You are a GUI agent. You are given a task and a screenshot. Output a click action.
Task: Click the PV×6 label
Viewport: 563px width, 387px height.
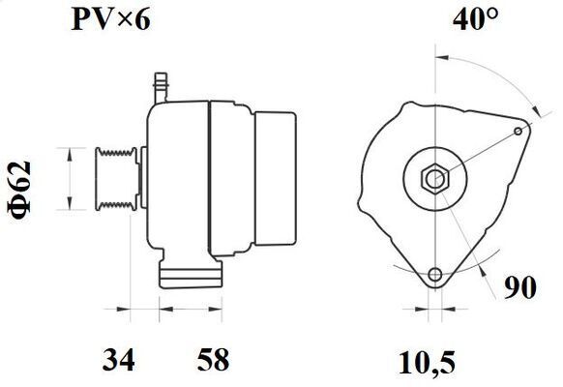(110, 19)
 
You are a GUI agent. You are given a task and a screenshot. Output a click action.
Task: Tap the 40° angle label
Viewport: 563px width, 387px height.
(476, 19)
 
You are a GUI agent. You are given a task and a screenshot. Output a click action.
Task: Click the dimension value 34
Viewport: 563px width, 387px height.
(118, 359)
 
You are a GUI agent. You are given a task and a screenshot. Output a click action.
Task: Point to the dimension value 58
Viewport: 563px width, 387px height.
(213, 359)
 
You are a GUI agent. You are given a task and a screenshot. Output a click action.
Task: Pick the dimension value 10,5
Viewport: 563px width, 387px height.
(427, 364)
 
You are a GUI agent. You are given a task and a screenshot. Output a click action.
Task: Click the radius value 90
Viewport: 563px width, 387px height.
(520, 287)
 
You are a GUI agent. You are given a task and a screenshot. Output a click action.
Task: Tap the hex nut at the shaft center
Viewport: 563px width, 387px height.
(434, 178)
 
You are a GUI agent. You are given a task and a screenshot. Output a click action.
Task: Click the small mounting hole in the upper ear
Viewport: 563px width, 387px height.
(519, 131)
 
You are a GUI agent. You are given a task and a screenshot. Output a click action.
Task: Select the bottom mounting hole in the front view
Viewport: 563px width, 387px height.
(435, 275)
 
